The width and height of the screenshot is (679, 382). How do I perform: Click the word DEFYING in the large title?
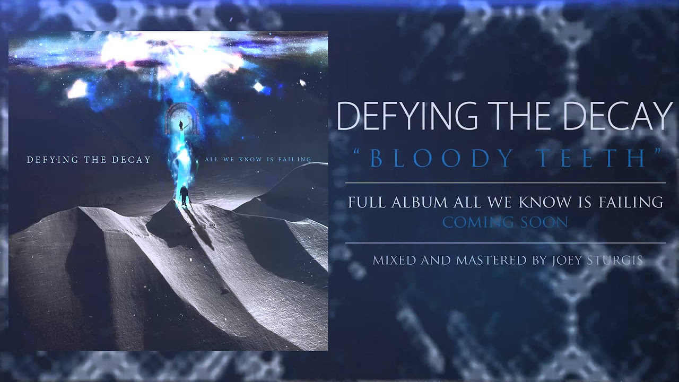tap(407, 116)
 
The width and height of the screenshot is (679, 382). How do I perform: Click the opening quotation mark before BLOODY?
tap(359, 152)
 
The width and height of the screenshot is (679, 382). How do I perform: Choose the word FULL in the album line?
tap(368, 202)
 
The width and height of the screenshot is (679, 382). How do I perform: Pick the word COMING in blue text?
tap(478, 222)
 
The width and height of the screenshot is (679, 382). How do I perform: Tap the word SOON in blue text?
tap(544, 222)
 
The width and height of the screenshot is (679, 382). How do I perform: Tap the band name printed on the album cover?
tap(89, 160)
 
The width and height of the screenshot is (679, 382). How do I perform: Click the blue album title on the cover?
tap(258, 159)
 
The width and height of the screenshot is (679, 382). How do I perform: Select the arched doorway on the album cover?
tap(182, 119)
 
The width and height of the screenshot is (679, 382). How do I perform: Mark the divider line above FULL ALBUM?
tap(506, 183)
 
